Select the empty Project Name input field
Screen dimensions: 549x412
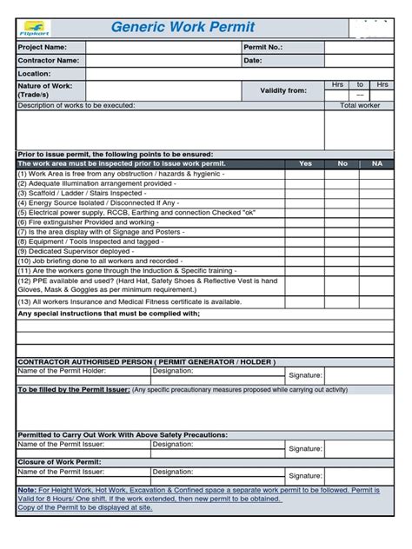click(x=163, y=47)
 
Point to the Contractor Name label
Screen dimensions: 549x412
click(x=49, y=61)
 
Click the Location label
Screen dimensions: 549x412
click(x=35, y=75)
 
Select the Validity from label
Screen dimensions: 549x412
click(x=283, y=90)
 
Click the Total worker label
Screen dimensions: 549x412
click(x=360, y=105)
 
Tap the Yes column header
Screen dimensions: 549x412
click(x=305, y=163)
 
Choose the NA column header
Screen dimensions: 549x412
click(x=376, y=163)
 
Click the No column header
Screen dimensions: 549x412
click(x=342, y=163)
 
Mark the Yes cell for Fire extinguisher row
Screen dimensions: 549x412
click(x=305, y=222)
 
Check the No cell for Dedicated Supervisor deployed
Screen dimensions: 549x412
click(x=342, y=252)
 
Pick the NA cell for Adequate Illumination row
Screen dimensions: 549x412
click(x=376, y=183)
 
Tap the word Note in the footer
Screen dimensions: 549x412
click(x=27, y=490)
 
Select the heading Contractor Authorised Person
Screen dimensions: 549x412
click(x=147, y=362)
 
